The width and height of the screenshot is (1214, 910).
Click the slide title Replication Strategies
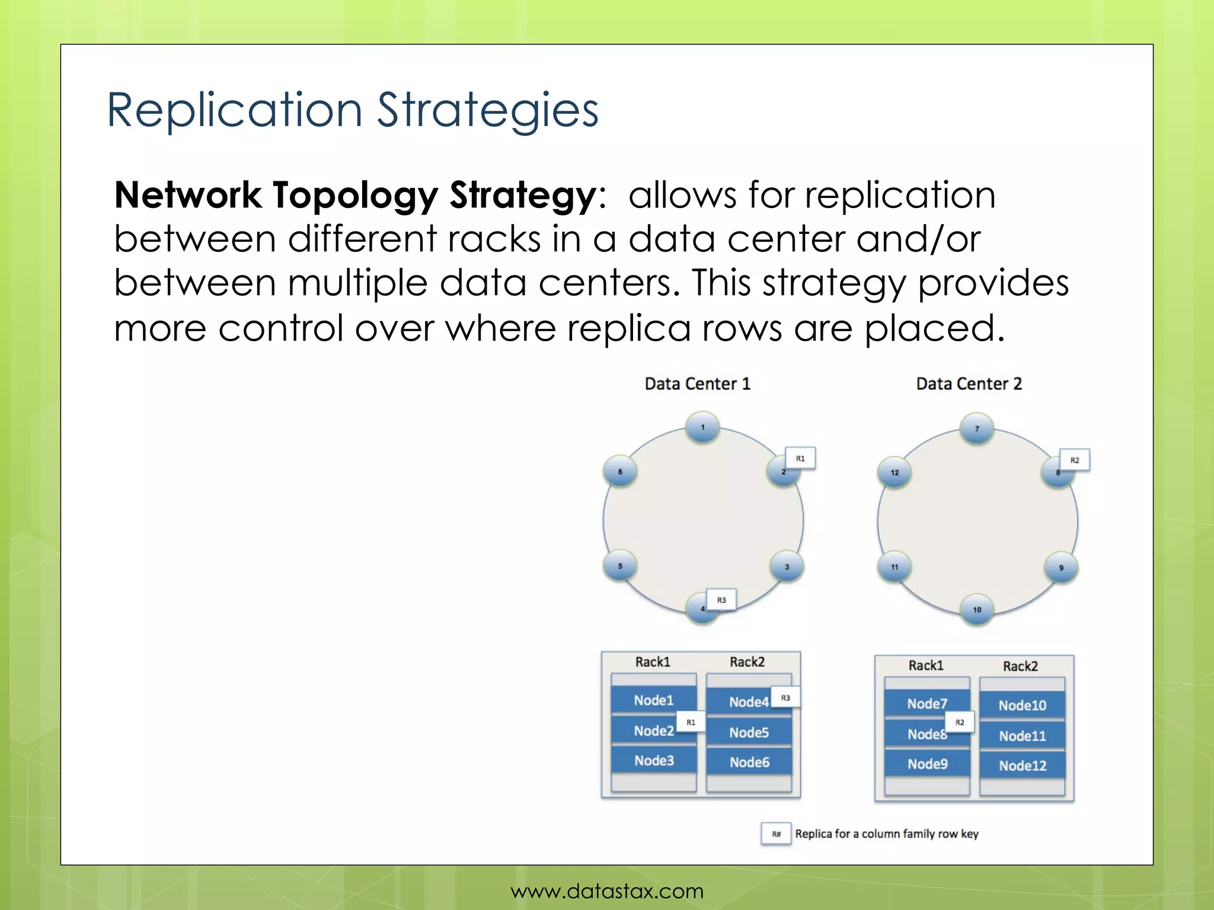click(x=353, y=110)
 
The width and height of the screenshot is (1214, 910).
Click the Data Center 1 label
click(x=697, y=384)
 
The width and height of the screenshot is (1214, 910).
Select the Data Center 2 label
click(x=969, y=384)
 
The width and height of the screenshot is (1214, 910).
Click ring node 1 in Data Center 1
click(x=702, y=427)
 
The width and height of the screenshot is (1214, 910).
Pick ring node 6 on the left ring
click(x=620, y=472)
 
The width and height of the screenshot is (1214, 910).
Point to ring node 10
click(x=977, y=610)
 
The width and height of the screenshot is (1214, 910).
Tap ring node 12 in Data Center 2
click(x=894, y=472)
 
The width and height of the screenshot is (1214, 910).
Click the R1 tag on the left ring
click(x=800, y=459)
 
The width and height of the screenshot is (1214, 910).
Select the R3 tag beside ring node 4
click(x=721, y=600)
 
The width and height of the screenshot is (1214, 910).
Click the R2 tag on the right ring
click(x=1074, y=460)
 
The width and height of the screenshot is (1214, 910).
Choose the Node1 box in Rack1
click(x=653, y=700)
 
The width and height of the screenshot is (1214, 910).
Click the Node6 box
click(x=749, y=762)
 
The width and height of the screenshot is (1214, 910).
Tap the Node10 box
click(x=1022, y=706)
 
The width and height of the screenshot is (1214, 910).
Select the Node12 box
click(x=1022, y=765)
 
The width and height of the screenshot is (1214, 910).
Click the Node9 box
click(x=927, y=764)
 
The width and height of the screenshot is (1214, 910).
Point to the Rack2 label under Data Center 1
click(x=747, y=662)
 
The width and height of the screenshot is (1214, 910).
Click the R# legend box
click(x=776, y=834)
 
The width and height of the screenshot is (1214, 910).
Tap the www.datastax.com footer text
click(x=607, y=891)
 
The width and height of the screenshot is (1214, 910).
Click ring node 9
click(x=1060, y=568)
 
